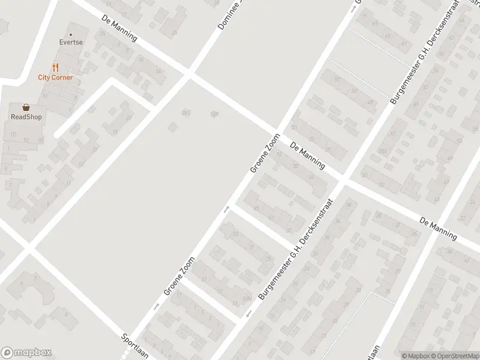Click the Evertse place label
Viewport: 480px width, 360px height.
(71, 43)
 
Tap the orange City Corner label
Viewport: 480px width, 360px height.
(55, 77)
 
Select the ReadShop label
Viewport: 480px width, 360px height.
(26, 117)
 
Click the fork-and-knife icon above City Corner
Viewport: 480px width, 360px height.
(55, 68)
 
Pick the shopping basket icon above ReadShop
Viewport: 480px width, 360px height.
(26, 107)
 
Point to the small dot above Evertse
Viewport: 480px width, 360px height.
(71, 34)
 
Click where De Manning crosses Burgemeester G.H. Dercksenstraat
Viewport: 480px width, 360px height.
(343, 178)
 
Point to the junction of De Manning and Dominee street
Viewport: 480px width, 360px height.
(190, 74)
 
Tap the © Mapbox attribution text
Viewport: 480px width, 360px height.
(415, 355)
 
